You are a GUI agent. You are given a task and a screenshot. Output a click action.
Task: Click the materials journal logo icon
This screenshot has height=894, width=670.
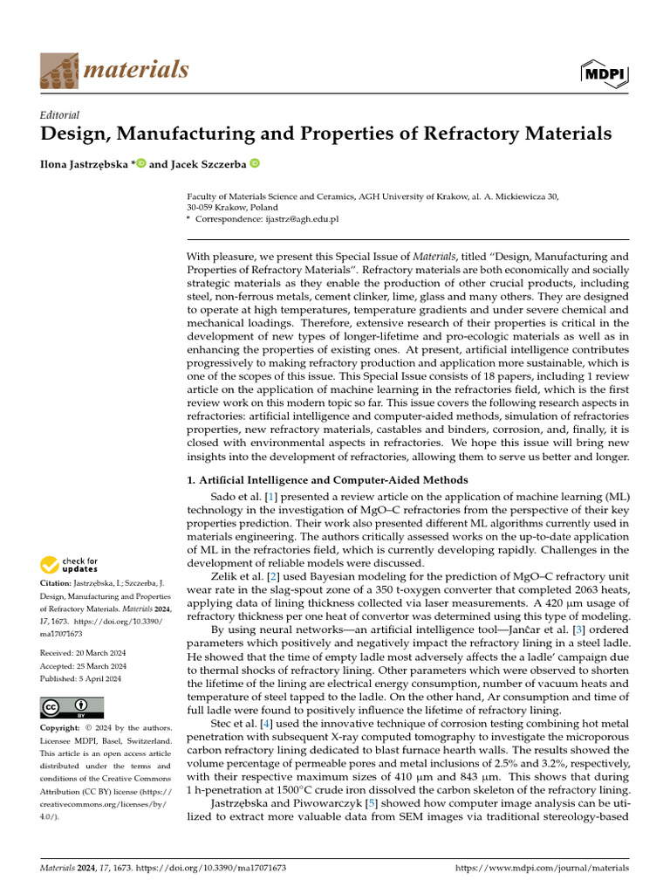[59, 70]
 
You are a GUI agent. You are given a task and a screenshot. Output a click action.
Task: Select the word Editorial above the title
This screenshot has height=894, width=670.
[59, 114]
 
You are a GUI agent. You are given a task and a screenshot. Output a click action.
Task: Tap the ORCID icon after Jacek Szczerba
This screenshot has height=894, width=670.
[255, 162]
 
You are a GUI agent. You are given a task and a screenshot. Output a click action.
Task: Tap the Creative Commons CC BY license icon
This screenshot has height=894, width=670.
[72, 706]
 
